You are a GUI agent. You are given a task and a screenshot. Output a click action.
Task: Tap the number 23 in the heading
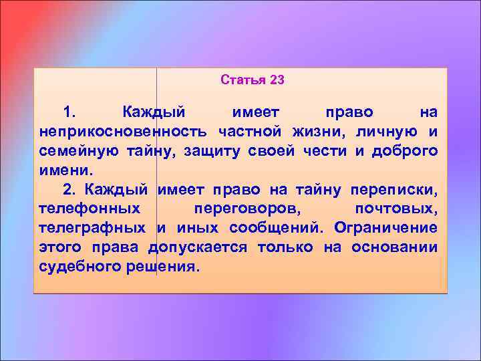point(277,80)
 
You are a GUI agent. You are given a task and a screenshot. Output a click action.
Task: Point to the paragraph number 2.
point(67,189)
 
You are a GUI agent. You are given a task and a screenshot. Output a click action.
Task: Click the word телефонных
point(89,209)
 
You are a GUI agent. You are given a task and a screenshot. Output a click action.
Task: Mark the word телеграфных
point(92,228)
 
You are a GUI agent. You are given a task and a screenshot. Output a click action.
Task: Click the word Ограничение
point(386,228)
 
